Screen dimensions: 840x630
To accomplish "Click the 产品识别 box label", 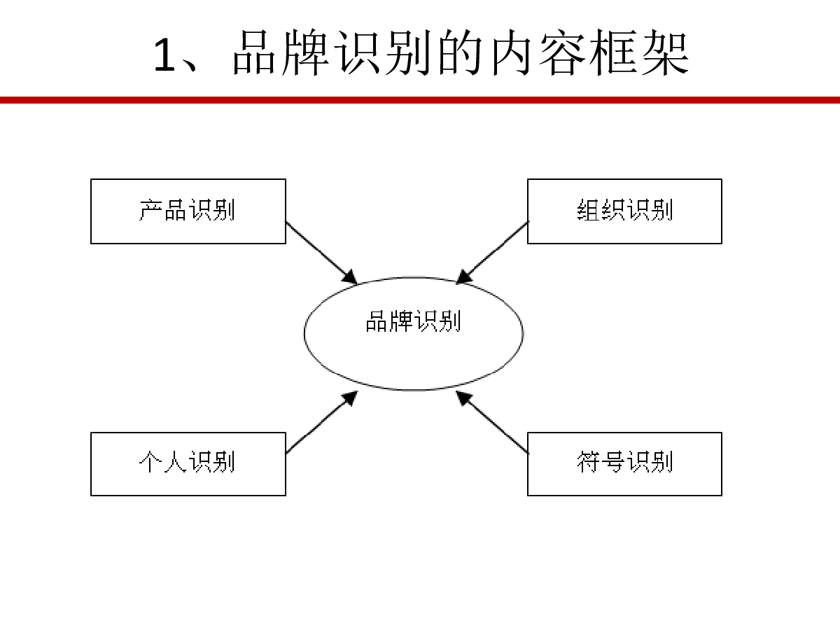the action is [187, 210].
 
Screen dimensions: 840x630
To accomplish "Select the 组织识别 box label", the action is [624, 210].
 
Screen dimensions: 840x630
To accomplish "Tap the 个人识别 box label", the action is [187, 462].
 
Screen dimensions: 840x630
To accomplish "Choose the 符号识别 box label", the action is [624, 462].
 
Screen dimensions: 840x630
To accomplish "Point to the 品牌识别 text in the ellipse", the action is [413, 321].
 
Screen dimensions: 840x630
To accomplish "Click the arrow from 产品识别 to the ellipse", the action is [321, 253].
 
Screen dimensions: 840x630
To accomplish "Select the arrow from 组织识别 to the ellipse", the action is [492, 253].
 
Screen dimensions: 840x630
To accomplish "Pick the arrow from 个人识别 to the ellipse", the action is [321, 422].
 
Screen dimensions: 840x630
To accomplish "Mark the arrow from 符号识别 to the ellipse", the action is [492, 422].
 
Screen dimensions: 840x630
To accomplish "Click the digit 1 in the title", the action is [164, 55].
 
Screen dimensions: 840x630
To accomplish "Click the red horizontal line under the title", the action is [420, 100].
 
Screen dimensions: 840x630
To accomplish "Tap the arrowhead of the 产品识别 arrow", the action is [350, 278].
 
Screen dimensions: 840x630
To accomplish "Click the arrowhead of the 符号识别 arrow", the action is [463, 398].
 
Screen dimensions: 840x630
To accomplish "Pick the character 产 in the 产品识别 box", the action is [150, 210].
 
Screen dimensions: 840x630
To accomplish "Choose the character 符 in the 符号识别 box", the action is [588, 462].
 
